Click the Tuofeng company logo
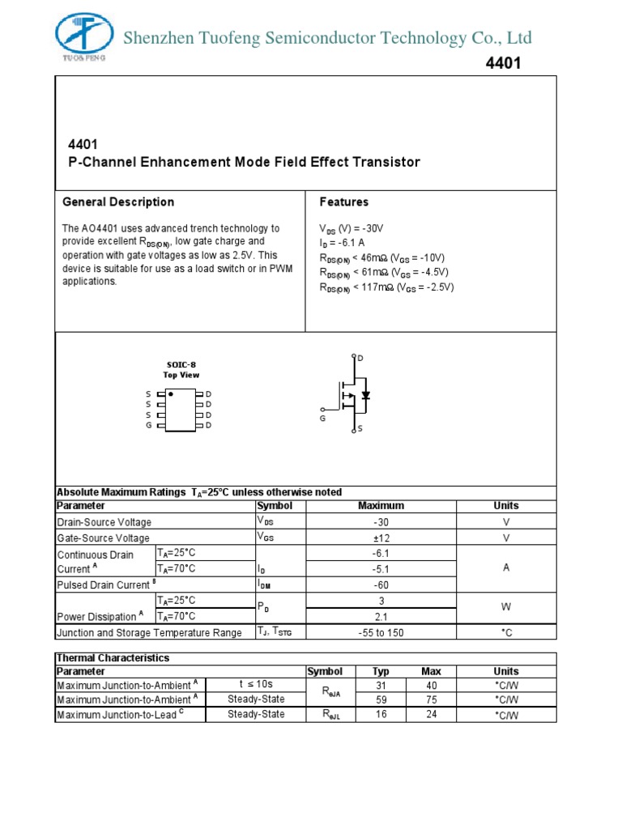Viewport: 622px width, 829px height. click(85, 36)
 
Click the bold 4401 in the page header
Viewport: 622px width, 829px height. click(504, 64)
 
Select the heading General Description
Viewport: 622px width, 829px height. click(118, 202)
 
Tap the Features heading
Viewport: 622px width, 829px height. click(343, 202)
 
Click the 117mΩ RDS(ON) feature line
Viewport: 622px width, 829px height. click(386, 287)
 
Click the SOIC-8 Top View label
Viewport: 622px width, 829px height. click(181, 370)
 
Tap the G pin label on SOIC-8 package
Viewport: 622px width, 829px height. click(149, 424)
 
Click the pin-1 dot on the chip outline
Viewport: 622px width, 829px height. click(171, 394)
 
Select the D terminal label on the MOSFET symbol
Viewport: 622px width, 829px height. click(360, 358)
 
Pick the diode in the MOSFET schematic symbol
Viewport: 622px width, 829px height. click(366, 396)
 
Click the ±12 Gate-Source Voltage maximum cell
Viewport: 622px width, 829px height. click(381, 538)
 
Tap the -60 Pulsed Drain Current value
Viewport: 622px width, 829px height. click(381, 585)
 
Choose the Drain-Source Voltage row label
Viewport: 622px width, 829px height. click(104, 522)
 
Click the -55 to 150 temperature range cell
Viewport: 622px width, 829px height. click(381, 632)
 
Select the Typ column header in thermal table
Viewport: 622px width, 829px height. click(381, 671)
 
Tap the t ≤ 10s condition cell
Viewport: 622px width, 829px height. click(256, 685)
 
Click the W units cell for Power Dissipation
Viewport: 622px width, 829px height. click(506, 607)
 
